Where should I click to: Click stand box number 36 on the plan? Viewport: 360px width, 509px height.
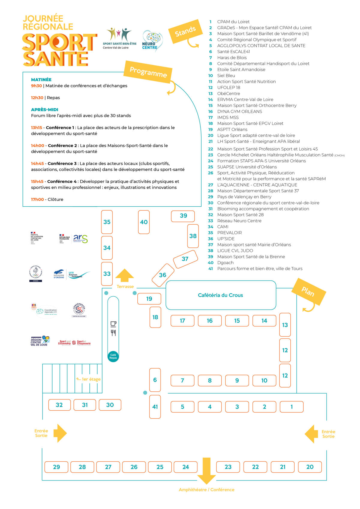[163, 275]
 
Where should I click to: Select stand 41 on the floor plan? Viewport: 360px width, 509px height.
[155, 407]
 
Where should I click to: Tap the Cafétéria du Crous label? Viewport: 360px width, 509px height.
[220, 295]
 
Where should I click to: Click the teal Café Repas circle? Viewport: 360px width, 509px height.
[113, 356]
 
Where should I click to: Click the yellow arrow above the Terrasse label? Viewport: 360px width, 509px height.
[125, 276]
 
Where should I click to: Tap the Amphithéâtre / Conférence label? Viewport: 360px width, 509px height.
[206, 490]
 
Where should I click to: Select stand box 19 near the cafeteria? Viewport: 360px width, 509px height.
[149, 299]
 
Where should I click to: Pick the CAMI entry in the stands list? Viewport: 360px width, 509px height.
[223, 227]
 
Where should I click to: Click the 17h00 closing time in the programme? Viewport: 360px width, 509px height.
[37, 199]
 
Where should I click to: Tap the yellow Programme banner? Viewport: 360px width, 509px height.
[148, 72]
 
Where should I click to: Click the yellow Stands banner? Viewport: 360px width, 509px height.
[185, 31]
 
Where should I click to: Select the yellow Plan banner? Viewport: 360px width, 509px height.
[308, 292]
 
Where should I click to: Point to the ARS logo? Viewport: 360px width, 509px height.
[80, 239]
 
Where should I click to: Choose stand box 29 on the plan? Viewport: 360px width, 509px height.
[56, 467]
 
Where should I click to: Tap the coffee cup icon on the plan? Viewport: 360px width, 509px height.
[113, 324]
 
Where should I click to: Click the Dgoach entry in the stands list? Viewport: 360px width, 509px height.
[225, 263]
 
